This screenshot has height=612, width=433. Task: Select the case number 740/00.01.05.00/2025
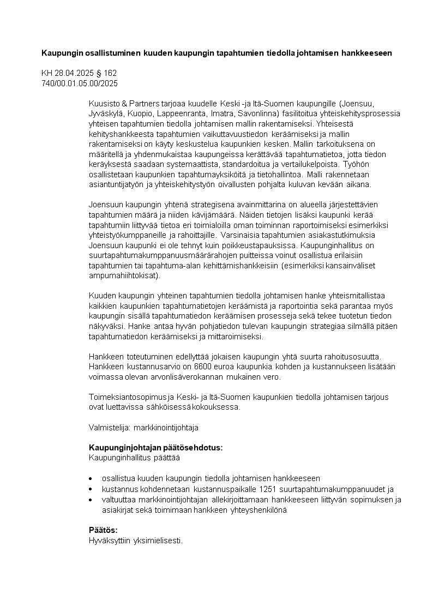[80, 83]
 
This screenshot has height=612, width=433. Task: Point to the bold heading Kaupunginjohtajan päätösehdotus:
[155, 448]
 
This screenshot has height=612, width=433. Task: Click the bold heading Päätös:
[103, 530]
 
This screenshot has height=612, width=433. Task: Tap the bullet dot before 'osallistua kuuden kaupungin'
[91, 479]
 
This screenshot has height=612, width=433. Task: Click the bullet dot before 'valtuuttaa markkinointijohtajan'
[91, 500]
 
